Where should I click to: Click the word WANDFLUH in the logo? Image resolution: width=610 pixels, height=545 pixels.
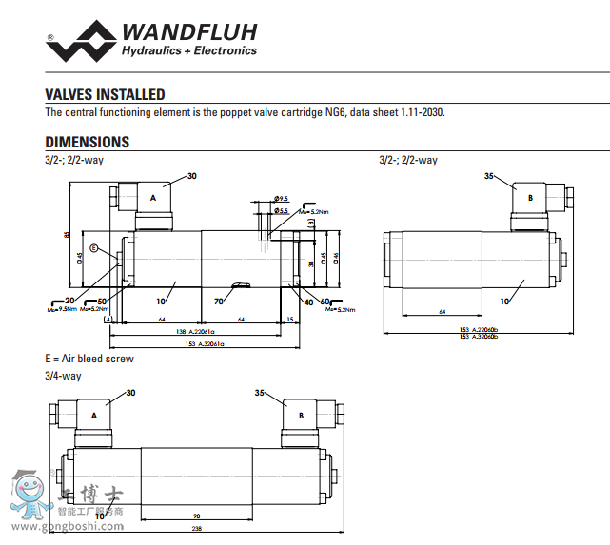click(188, 32)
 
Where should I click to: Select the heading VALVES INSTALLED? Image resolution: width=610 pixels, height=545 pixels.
click(105, 94)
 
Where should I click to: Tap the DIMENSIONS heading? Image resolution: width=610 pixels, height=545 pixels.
click(88, 142)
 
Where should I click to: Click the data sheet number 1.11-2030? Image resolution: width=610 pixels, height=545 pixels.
click(419, 112)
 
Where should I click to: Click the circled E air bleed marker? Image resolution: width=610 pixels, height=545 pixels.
click(94, 248)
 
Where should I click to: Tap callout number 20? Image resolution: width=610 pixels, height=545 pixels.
click(69, 301)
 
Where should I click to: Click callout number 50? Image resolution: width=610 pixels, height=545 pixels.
click(102, 301)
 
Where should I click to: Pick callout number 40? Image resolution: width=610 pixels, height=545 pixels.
click(307, 302)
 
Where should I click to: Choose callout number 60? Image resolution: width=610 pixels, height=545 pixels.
click(325, 302)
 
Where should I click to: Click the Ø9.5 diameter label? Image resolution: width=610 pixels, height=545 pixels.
click(281, 199)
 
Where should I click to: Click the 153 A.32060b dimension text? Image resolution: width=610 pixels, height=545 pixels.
click(477, 331)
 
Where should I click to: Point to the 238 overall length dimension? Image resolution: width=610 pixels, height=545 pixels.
click(195, 529)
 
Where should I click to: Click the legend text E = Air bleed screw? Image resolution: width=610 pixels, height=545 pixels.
click(89, 359)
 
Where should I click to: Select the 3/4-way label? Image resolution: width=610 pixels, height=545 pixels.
click(64, 375)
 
